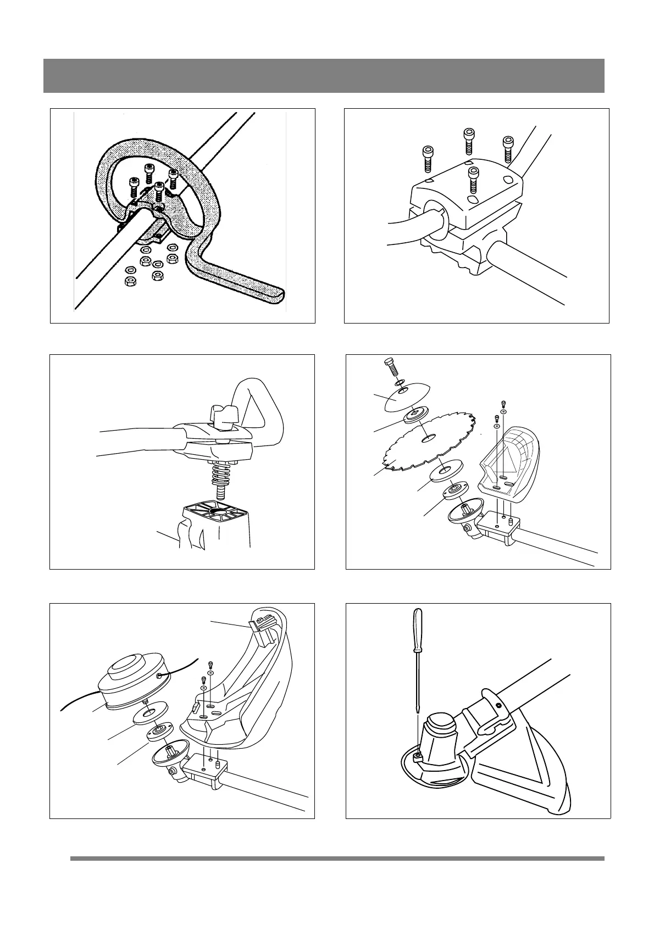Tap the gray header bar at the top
(324, 76)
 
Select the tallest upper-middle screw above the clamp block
(469, 141)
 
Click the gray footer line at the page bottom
(336, 859)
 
